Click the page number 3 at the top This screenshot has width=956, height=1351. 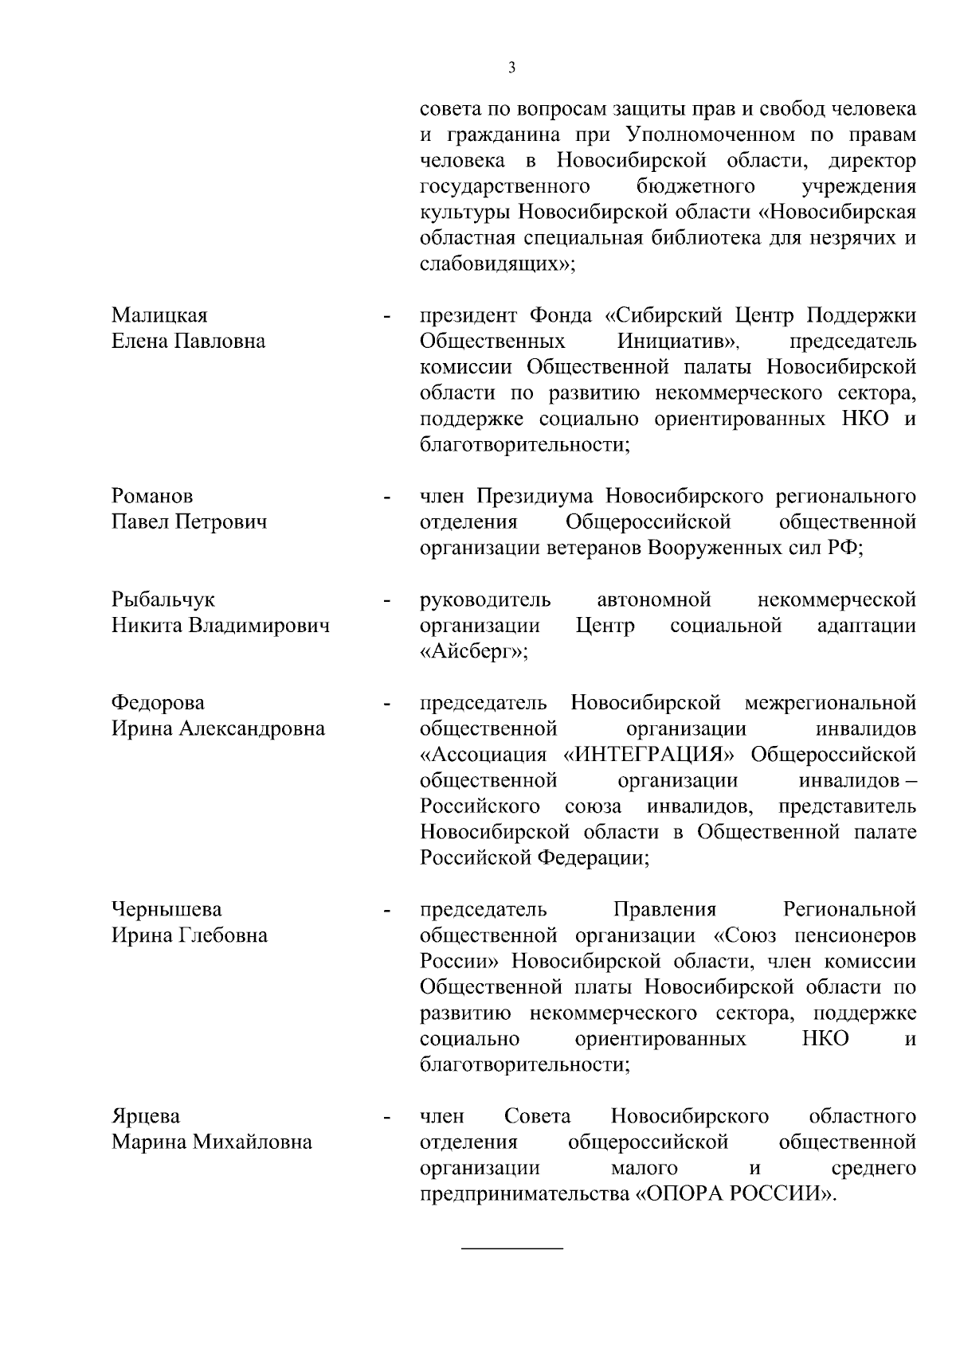pos(512,68)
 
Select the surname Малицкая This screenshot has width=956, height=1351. pos(159,316)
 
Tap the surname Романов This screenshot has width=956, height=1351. pos(152,497)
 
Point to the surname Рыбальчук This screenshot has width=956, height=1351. pos(163,600)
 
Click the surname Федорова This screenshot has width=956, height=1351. pos(158,703)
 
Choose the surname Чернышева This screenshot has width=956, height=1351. pos(167,909)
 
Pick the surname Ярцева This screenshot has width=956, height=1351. pos(146,1116)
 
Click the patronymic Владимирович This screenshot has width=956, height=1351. pos(259,626)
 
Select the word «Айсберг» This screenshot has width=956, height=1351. pos(473,652)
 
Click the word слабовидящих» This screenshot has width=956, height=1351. pos(497,264)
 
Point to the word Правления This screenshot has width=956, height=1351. pos(665,909)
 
